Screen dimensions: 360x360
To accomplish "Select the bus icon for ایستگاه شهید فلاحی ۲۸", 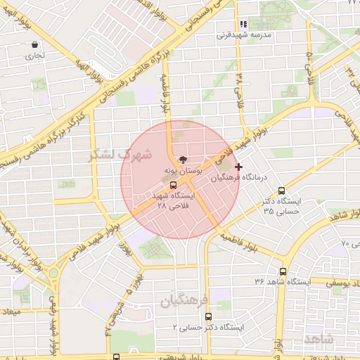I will [174, 185].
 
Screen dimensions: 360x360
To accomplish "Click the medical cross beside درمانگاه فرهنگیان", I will [240, 167].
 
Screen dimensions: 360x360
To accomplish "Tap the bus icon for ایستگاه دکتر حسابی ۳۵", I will [282, 191].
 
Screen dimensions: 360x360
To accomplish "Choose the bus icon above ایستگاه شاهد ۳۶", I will [283, 271].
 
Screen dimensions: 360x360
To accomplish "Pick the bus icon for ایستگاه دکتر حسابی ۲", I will [207, 316].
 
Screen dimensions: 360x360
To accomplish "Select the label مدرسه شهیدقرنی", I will [243, 34].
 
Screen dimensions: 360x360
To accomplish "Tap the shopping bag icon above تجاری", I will [34, 44].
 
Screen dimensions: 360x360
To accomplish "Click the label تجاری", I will [34, 55].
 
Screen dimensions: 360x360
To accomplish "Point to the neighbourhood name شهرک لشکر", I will [120, 155].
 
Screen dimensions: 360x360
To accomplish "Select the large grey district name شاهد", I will [321, 339].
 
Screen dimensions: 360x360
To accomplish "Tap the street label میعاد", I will [12, 310].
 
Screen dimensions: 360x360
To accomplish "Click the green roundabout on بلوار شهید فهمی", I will [53, 273].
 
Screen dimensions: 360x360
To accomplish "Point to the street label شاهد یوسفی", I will [337, 281].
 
